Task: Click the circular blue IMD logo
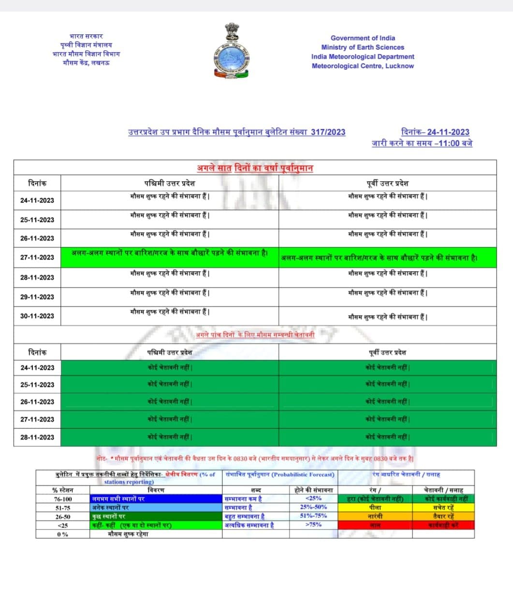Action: [x=232, y=59]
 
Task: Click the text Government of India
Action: [x=363, y=38]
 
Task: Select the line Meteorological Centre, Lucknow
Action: [x=363, y=66]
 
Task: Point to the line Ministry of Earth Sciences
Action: [x=363, y=47]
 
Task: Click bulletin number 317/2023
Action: [x=328, y=132]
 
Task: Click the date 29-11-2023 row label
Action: [x=37, y=297]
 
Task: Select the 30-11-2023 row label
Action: [x=37, y=316]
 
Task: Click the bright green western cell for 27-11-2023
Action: [x=170, y=257]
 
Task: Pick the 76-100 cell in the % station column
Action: [x=62, y=499]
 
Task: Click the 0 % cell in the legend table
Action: [x=62, y=534]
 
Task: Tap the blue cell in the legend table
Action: [x=156, y=499]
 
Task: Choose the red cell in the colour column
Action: [x=375, y=525]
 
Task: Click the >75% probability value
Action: [x=313, y=525]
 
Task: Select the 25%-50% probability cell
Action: [x=313, y=507]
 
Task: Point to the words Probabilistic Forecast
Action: [x=303, y=474]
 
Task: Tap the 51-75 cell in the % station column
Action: [x=62, y=508]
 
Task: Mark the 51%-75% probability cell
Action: [x=313, y=516]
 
